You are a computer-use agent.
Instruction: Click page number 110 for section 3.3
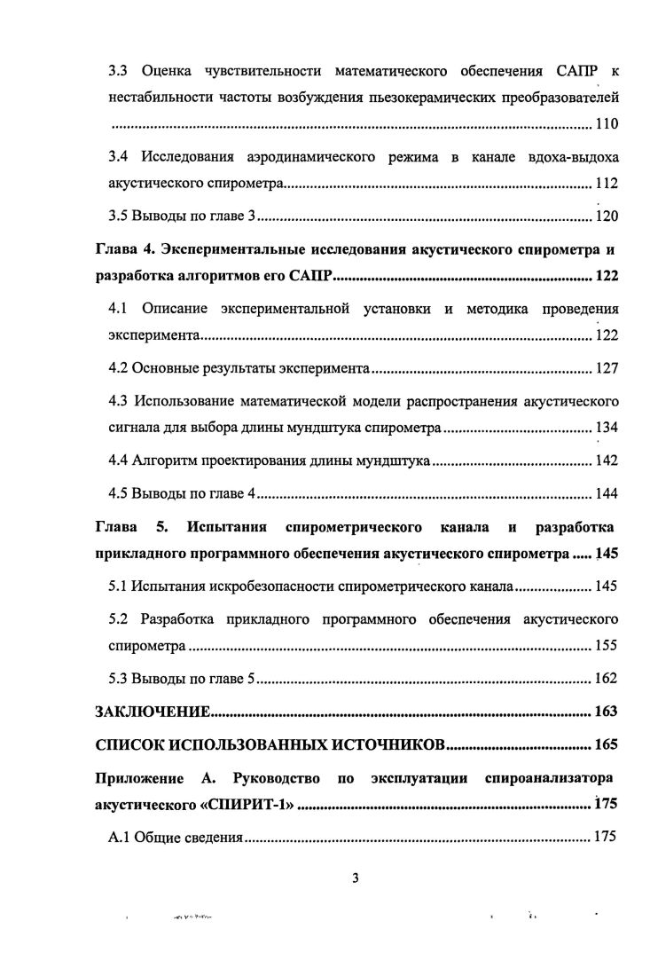tap(606, 123)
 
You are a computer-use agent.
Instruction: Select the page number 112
tap(606, 185)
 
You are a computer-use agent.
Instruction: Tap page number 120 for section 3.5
tap(606, 216)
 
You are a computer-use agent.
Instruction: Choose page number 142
tap(606, 461)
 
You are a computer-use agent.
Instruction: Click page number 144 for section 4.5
tap(606, 493)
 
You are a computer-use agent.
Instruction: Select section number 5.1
tap(119, 586)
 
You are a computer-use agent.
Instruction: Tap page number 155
tap(606, 647)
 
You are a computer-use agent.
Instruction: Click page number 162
tap(606, 679)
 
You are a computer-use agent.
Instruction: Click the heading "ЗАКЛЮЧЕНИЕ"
tap(153, 712)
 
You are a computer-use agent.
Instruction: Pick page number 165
tap(606, 744)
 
